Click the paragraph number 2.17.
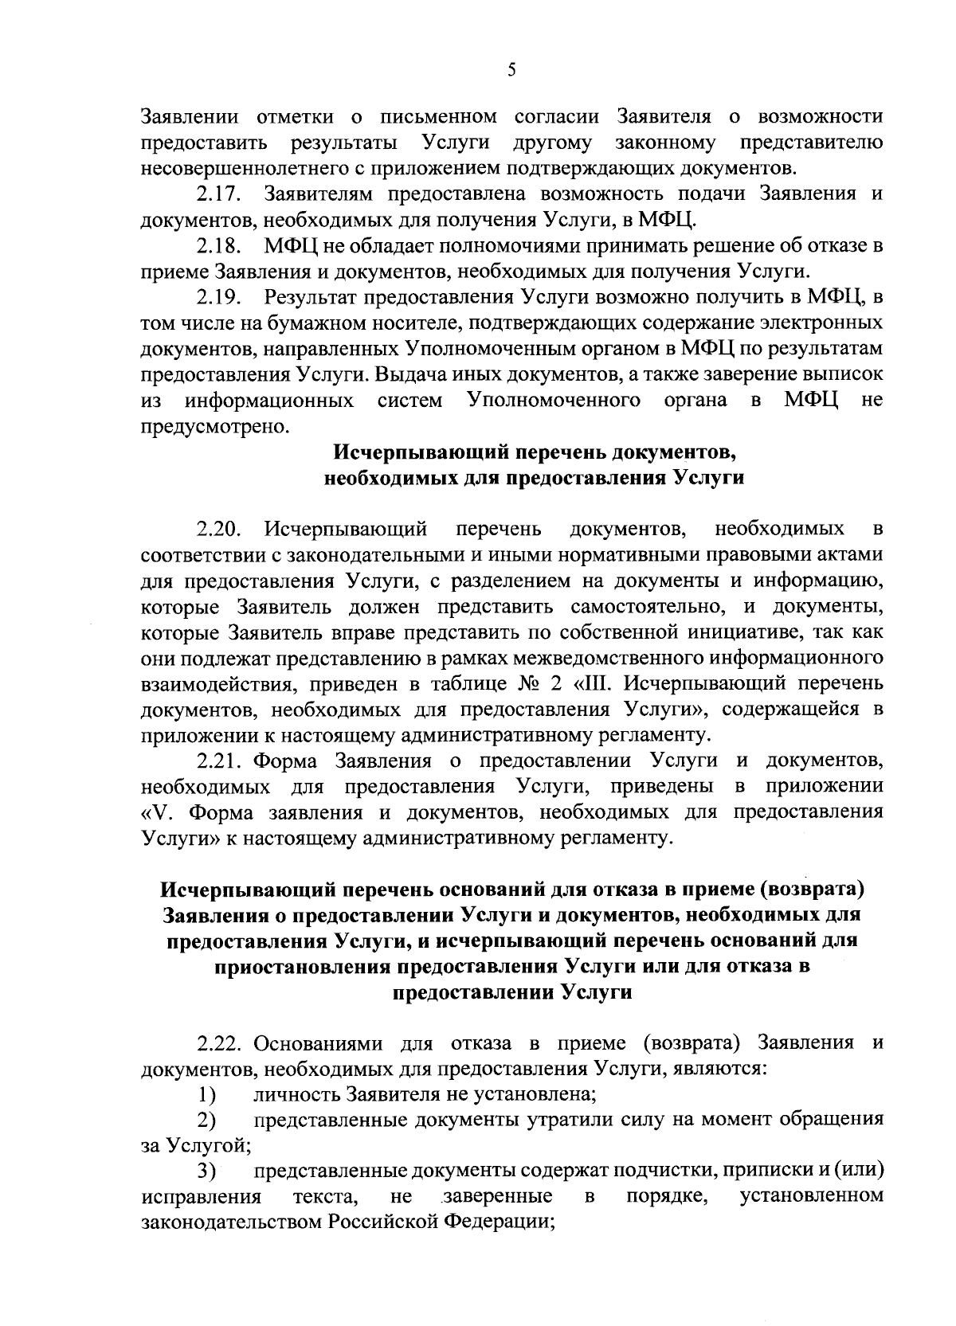(x=219, y=194)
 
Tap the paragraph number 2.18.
(x=219, y=246)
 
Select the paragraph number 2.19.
(x=219, y=298)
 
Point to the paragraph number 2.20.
(x=219, y=529)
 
